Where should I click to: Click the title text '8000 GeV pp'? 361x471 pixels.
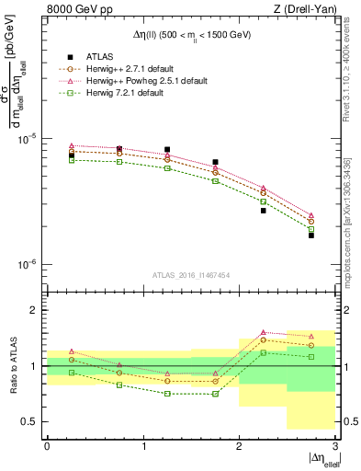point(73,9)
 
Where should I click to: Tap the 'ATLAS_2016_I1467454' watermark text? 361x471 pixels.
point(191,274)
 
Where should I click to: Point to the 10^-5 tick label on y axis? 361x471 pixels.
point(29,138)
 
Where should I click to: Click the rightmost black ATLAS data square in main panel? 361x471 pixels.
point(310,235)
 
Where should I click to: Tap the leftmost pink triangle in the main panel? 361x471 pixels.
point(71,145)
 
